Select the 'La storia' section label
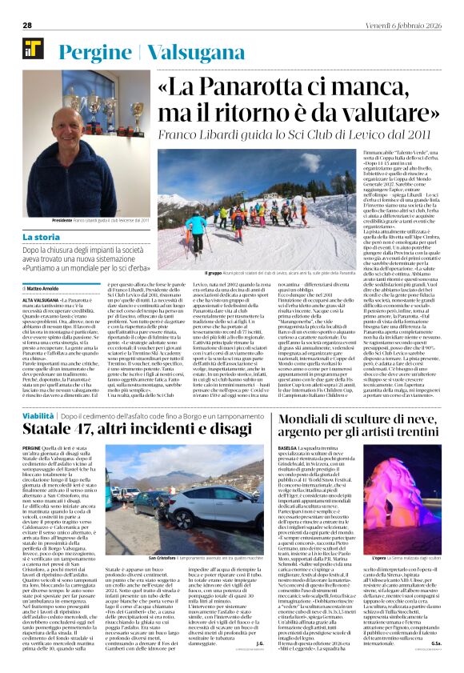point(41,238)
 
